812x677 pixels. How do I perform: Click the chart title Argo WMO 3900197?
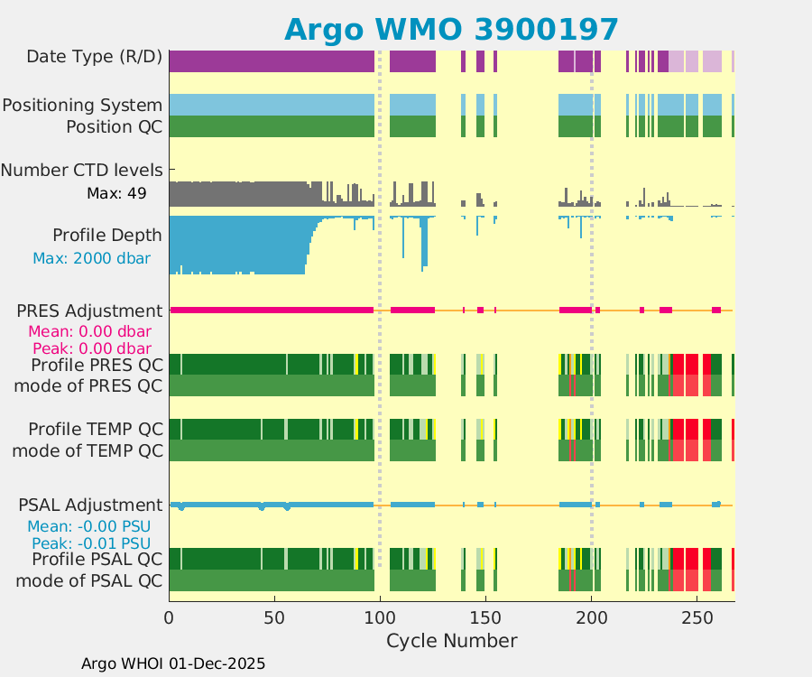point(451,29)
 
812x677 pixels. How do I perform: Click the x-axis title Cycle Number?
point(451,641)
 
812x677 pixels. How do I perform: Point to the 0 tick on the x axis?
point(170,618)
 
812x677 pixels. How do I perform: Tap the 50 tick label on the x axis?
point(274,618)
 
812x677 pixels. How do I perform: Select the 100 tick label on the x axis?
point(380,618)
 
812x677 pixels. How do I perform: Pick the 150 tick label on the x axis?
point(485,618)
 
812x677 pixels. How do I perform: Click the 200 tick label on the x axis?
point(591,618)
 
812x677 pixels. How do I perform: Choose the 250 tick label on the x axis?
point(697,618)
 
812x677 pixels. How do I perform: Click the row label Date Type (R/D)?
point(95,57)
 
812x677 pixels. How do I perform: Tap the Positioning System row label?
point(82,106)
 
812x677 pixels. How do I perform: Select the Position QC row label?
point(115,127)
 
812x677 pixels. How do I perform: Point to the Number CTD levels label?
point(82,170)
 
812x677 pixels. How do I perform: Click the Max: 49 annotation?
point(116,193)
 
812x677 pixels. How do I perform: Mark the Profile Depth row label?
point(107,236)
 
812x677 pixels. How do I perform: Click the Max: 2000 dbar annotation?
point(91,259)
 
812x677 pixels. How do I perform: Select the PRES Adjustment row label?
point(90,311)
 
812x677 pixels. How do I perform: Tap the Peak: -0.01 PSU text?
point(91,543)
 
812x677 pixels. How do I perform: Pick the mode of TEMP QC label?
point(88,450)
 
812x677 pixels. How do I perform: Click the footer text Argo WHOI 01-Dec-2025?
point(173,663)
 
